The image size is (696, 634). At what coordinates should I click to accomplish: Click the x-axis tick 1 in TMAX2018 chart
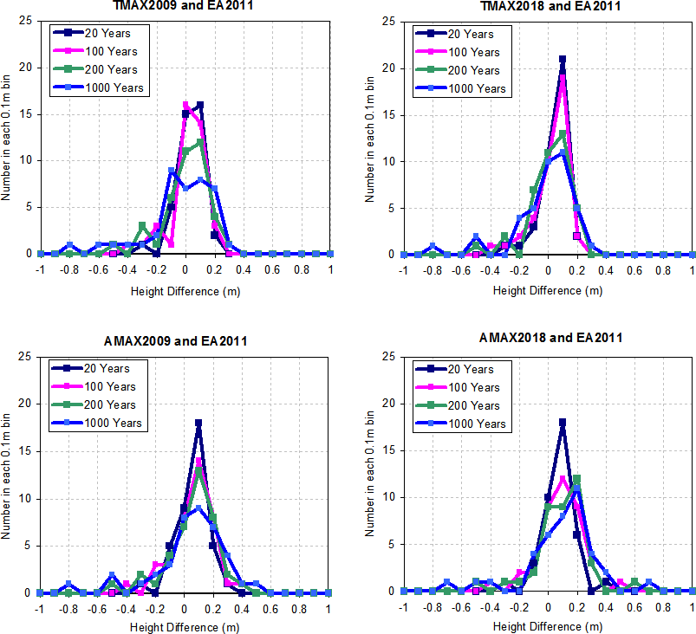[693, 269]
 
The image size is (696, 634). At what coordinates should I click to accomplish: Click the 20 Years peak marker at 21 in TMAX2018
[563, 60]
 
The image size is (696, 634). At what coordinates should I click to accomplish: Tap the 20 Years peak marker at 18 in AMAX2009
[198, 423]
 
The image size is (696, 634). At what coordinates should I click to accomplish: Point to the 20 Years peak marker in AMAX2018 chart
[563, 423]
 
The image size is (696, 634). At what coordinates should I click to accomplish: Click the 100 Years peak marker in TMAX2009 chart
[185, 105]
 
